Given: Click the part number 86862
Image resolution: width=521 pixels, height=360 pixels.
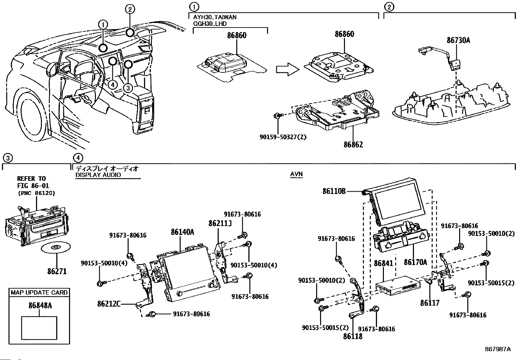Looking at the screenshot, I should pyautogui.click(x=353, y=144).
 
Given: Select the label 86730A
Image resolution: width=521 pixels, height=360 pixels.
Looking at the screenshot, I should pyautogui.click(x=458, y=40).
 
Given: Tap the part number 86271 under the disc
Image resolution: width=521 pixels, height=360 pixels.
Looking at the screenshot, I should pyautogui.click(x=57, y=271).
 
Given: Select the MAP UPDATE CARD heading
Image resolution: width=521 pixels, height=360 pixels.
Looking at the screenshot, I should pyautogui.click(x=39, y=293).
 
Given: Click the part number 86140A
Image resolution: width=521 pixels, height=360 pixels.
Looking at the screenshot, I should pyautogui.click(x=182, y=232).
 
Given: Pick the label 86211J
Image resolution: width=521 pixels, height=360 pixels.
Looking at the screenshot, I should pyautogui.click(x=220, y=223).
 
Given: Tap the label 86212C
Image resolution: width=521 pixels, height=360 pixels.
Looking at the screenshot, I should pyautogui.click(x=109, y=304).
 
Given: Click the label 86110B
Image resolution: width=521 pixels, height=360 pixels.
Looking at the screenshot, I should pyautogui.click(x=334, y=191).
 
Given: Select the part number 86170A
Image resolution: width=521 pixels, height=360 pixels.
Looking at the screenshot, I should pyautogui.click(x=415, y=262).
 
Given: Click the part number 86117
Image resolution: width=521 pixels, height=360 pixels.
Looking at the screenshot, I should pyautogui.click(x=430, y=303).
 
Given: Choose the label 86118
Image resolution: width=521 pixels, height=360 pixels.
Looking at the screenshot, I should pyautogui.click(x=353, y=336).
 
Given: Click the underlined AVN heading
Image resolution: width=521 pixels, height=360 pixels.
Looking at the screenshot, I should pyautogui.click(x=296, y=175).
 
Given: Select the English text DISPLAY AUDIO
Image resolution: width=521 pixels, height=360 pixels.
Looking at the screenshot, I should pyautogui.click(x=98, y=175).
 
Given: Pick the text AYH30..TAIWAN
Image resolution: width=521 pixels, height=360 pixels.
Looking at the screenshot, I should pyautogui.click(x=215, y=17).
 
